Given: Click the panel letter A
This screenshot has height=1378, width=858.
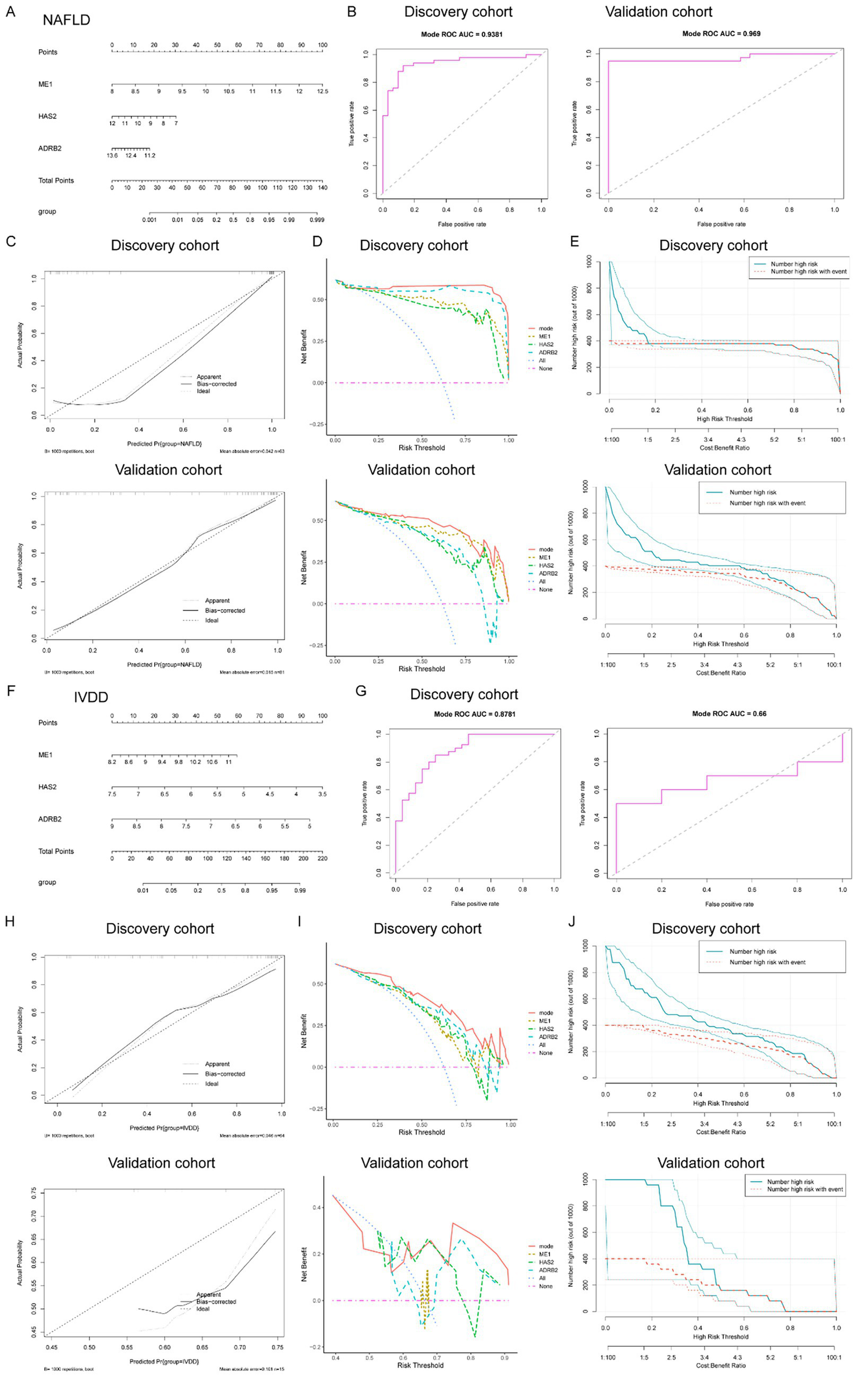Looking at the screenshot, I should pos(11,12).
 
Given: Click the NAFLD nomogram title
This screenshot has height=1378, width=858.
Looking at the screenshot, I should pos(67,21).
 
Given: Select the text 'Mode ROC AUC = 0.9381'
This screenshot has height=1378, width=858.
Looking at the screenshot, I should pos(461,34).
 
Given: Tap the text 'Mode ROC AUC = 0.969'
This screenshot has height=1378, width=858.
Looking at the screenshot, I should pos(721,34).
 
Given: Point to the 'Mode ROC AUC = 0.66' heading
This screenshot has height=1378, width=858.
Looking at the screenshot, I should pos(729,714).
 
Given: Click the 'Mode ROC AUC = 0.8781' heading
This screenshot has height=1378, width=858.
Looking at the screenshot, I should pos(475,714).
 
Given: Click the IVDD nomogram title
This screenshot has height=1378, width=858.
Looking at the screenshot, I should pos(91,697).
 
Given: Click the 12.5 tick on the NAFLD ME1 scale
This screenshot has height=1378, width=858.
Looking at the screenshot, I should pos(323,91).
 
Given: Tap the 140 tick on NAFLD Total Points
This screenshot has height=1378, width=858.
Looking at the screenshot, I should pos(323,187).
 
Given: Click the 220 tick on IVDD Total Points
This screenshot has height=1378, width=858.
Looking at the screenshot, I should pos(323,858).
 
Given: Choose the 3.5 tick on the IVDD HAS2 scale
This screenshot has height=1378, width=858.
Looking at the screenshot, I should pos(323,794).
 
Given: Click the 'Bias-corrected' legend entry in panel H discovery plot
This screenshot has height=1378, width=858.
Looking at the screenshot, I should pos(225,1074).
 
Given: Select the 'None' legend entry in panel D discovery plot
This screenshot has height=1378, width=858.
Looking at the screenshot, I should pos(546,369).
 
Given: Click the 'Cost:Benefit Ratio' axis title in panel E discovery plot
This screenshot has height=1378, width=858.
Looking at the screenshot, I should pos(723,448).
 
